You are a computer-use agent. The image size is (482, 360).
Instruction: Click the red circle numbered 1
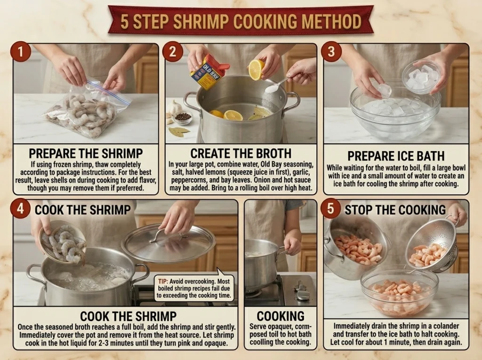(x=21, y=51)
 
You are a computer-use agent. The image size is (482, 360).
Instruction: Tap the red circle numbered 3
(x=331, y=51)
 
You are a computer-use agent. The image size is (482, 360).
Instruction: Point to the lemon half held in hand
(x=256, y=70)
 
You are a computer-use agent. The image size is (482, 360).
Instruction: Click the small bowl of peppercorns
(x=183, y=118)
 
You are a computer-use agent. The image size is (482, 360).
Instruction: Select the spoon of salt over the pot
(x=276, y=85)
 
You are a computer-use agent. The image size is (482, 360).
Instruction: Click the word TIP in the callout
(x=163, y=281)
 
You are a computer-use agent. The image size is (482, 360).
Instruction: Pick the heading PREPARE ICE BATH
(x=396, y=156)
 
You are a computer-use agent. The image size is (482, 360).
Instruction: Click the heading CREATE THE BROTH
(x=241, y=153)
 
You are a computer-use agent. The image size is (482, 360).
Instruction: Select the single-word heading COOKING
(x=281, y=316)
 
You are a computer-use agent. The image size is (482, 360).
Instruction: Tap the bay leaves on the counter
(x=178, y=132)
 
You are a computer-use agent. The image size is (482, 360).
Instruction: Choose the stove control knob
(x=301, y=291)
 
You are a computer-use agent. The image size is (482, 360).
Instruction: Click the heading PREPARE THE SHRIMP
(x=86, y=153)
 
